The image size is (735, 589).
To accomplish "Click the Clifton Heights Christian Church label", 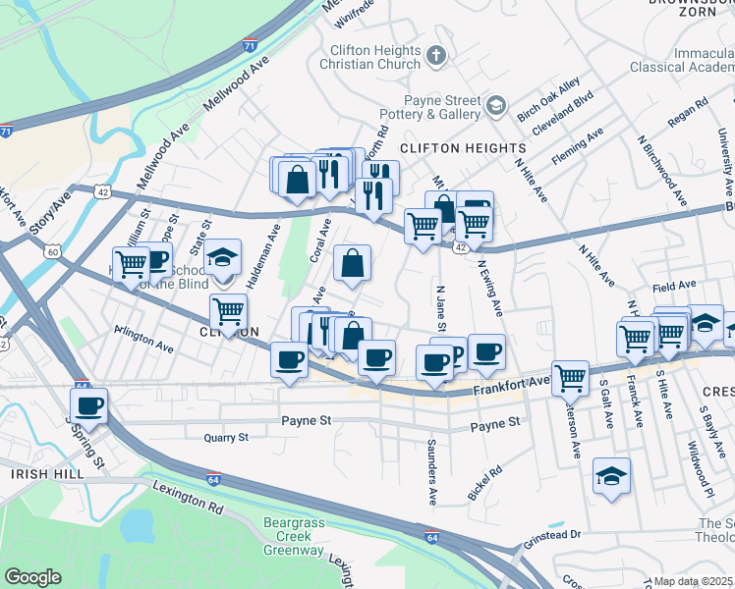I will [x=373, y=56].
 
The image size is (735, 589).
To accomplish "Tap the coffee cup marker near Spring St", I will [x=89, y=404].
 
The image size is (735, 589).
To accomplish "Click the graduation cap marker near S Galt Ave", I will [x=612, y=477].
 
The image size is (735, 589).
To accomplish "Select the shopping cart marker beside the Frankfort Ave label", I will [x=570, y=376].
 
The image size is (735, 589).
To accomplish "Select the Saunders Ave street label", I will [x=431, y=475].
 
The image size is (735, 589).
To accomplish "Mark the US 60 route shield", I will [x=53, y=251].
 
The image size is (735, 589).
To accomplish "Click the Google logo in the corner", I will [x=32, y=577].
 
